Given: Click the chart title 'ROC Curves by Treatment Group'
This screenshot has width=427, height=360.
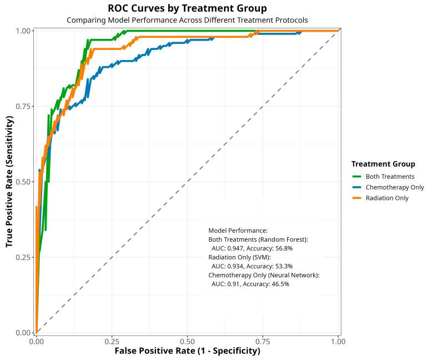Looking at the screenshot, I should tap(187, 8).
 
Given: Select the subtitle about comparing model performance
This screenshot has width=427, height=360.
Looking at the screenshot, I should tap(187, 20).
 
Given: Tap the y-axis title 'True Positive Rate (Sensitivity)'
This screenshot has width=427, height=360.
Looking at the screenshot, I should tap(9, 182).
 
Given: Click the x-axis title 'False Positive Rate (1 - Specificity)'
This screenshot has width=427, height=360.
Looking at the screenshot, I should tap(187, 351).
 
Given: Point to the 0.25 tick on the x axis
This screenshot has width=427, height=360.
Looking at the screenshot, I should tap(112, 341).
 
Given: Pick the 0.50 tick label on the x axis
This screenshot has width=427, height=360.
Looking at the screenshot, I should tap(187, 341).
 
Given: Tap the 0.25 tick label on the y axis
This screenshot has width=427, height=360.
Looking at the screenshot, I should tap(23, 257).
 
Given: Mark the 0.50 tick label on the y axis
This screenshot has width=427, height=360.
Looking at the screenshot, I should tap(23, 182).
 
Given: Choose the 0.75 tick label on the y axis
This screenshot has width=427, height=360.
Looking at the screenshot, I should tap(23, 106).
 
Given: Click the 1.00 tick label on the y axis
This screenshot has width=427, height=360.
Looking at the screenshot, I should tap(23, 31).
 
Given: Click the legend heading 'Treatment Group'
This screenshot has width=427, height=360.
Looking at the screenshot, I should tap(383, 164).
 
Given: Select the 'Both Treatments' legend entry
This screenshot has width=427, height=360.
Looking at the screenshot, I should tap(390, 177).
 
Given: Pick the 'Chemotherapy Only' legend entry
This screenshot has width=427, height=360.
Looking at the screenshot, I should tap(394, 187).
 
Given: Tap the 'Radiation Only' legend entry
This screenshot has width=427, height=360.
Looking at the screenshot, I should tap(387, 198).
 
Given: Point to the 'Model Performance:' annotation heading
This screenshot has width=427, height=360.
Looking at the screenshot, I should tap(238, 230).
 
